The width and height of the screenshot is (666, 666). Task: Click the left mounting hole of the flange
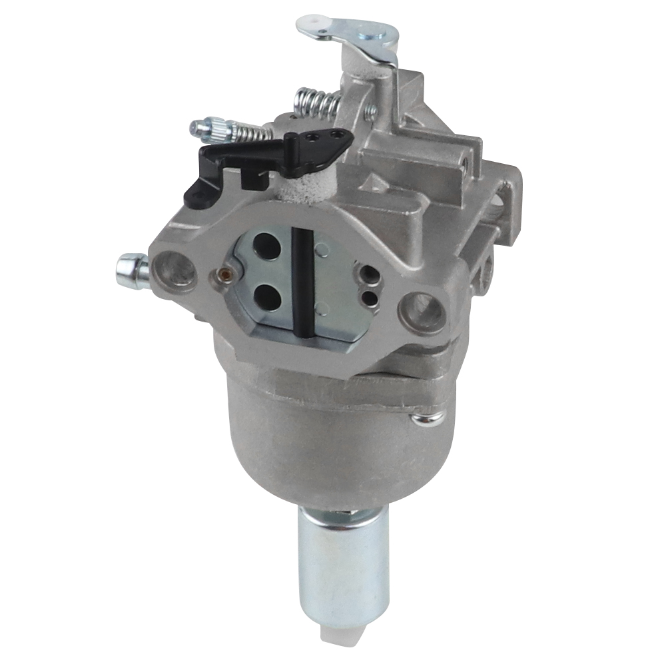pyautogui.click(x=174, y=270)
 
